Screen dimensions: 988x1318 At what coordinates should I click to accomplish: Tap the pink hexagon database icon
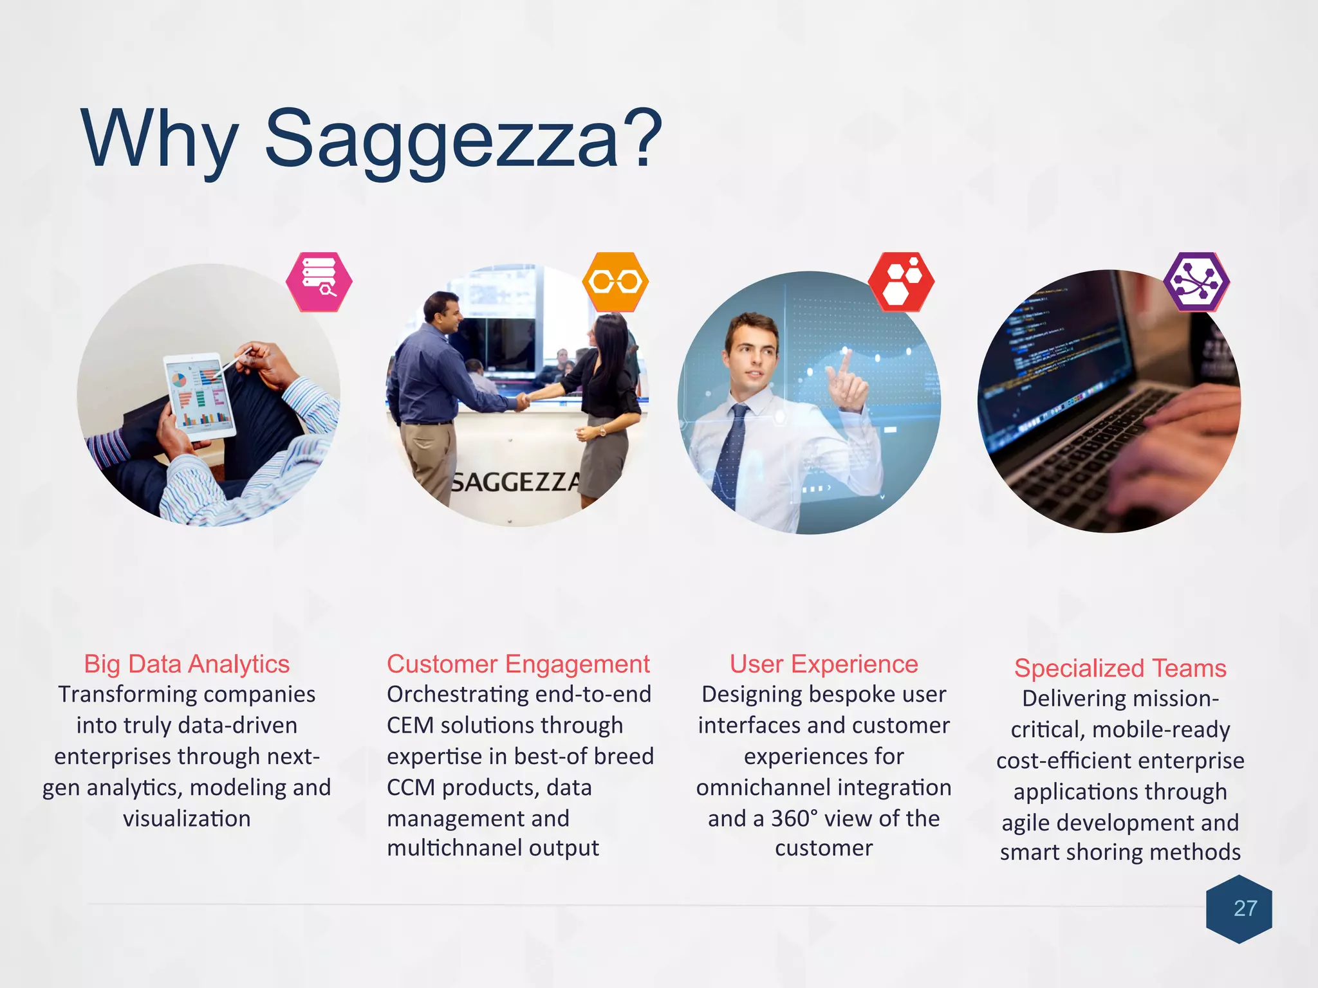319,282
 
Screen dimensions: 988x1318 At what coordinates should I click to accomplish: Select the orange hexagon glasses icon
615,282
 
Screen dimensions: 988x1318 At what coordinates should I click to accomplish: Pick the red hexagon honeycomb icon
901,282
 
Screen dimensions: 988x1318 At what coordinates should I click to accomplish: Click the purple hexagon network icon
1196,282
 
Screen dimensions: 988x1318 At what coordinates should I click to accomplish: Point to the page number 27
1245,908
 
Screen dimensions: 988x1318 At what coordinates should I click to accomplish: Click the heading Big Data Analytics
187,664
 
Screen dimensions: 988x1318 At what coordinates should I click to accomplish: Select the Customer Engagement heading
518,664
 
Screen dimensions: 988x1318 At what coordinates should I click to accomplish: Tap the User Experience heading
824,664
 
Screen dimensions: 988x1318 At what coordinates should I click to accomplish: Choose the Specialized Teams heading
1120,668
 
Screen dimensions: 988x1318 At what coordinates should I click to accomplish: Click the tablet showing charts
198,395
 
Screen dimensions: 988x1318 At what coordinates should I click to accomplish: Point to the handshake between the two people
523,402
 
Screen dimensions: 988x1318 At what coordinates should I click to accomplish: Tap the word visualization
187,819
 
